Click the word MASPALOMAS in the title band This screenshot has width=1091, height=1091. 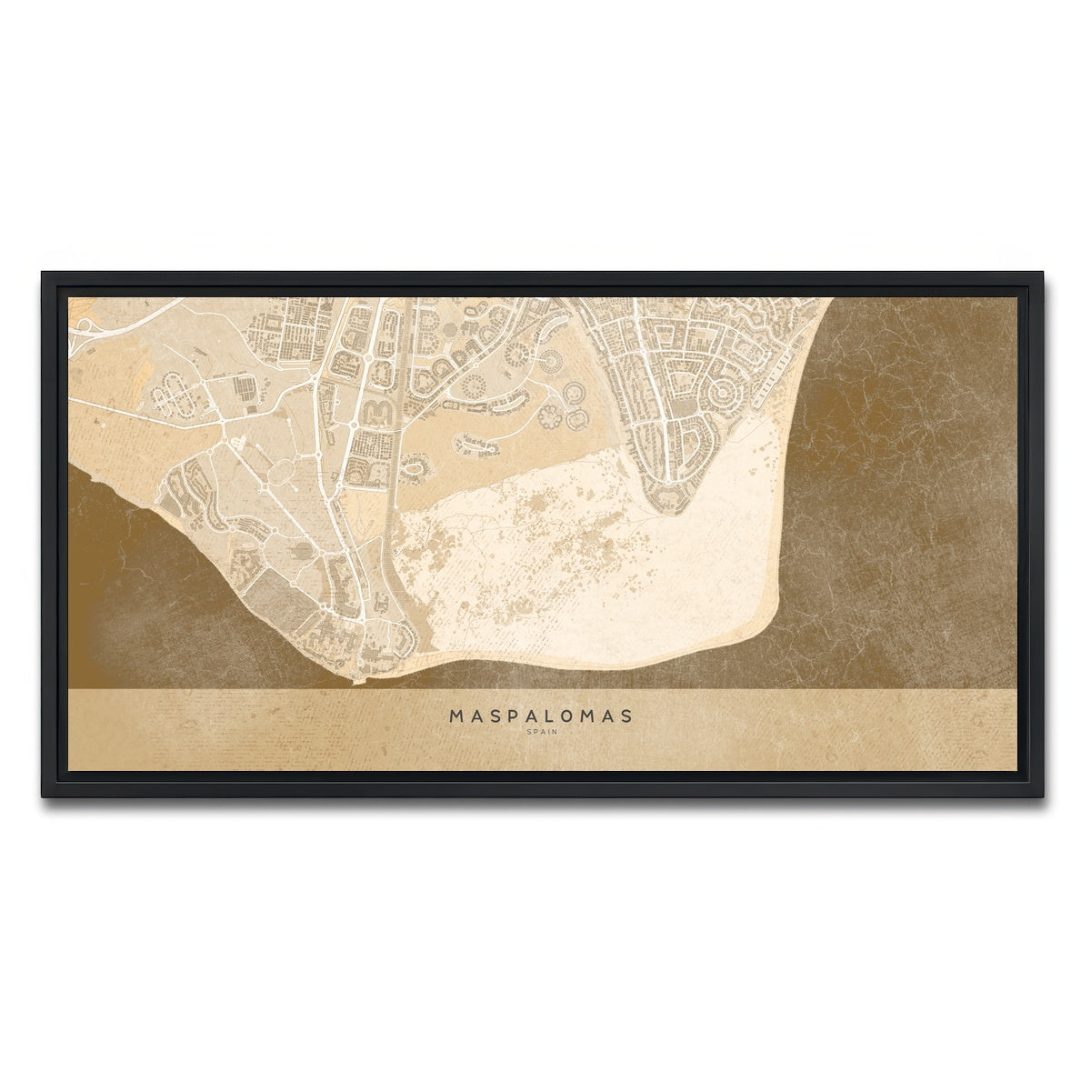pyautogui.click(x=542, y=716)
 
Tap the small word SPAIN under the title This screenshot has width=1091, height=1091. pyautogui.click(x=542, y=731)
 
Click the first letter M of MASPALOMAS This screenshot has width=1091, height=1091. pyautogui.click(x=456, y=716)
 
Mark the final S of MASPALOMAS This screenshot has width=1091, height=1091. pyautogui.click(x=627, y=716)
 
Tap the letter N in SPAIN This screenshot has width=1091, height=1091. pyautogui.click(x=555, y=731)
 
